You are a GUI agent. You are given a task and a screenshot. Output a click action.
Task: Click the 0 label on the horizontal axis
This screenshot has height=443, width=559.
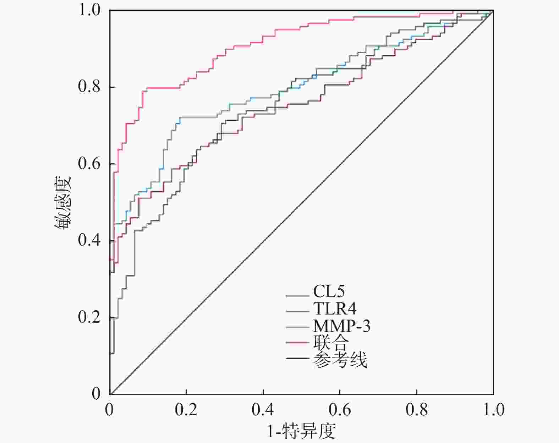click(109, 410)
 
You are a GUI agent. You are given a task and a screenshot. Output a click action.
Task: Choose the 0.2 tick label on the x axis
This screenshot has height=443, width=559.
click(186, 410)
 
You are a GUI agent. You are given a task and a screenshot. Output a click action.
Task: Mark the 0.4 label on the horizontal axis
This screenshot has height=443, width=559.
click(263, 410)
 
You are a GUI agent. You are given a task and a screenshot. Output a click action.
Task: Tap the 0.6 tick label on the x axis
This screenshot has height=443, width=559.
click(340, 410)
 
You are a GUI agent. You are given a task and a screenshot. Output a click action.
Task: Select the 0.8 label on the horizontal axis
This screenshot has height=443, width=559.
click(417, 410)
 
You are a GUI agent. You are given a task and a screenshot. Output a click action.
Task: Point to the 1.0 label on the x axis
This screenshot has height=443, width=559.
click(493, 410)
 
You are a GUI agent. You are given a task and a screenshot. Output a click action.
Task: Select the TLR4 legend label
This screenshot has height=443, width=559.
click(335, 309)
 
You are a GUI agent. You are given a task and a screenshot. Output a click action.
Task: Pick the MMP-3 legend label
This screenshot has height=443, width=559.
click(341, 326)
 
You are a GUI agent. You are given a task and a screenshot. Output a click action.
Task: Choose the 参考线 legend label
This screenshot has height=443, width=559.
click(340, 360)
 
